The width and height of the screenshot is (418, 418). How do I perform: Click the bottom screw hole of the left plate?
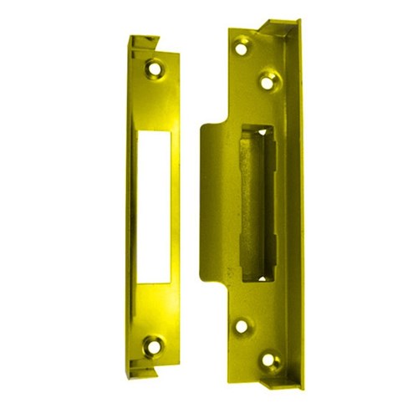(x=154, y=343)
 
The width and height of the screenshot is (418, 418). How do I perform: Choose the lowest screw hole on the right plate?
(x=270, y=362)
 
